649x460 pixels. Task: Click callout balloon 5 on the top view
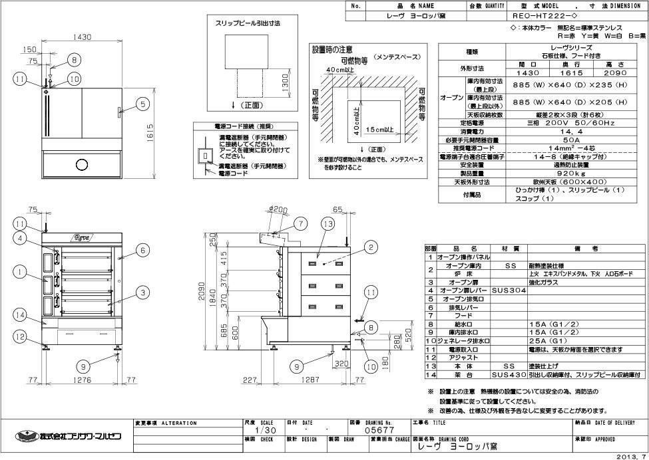click(x=142, y=103)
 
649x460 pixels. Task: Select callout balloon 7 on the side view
click(x=301, y=223)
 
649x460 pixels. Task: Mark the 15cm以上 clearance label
click(x=380, y=128)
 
